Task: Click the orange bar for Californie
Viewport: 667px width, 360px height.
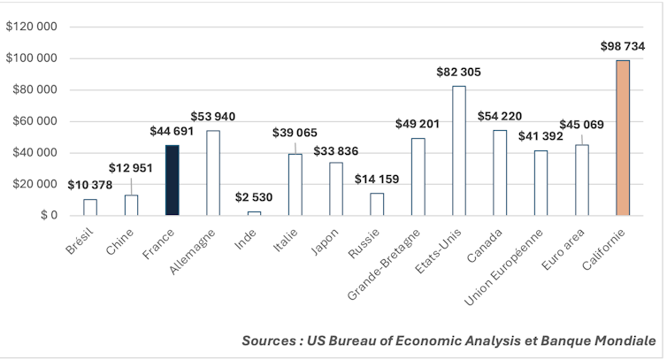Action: [622, 137]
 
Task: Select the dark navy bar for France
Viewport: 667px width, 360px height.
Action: [172, 180]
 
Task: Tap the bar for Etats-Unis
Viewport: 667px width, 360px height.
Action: [458, 150]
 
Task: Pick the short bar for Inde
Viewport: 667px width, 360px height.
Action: [254, 213]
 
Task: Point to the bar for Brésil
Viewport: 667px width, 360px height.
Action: [90, 207]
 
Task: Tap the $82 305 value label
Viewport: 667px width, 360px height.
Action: [458, 72]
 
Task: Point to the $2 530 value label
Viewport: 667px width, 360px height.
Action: [254, 197]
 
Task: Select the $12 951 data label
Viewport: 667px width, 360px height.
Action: [131, 168]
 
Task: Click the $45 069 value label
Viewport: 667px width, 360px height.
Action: [581, 124]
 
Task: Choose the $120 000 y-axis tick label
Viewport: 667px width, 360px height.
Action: [31, 27]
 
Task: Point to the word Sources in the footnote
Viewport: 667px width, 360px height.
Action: [270, 340]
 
